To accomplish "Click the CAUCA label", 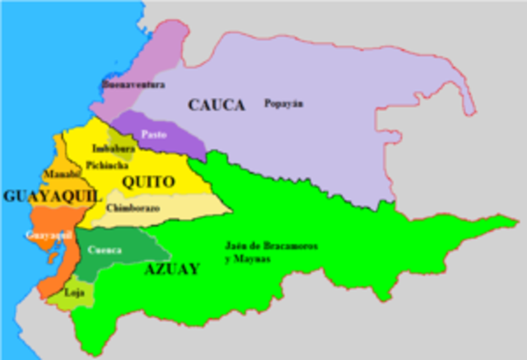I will [x=217, y=105].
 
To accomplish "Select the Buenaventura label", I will [x=133, y=84].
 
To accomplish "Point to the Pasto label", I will [x=153, y=133].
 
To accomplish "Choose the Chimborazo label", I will [x=133, y=208].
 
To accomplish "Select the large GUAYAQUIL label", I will [x=52, y=196].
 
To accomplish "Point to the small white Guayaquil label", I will [x=44, y=236].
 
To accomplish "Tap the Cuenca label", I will [x=105, y=250].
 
